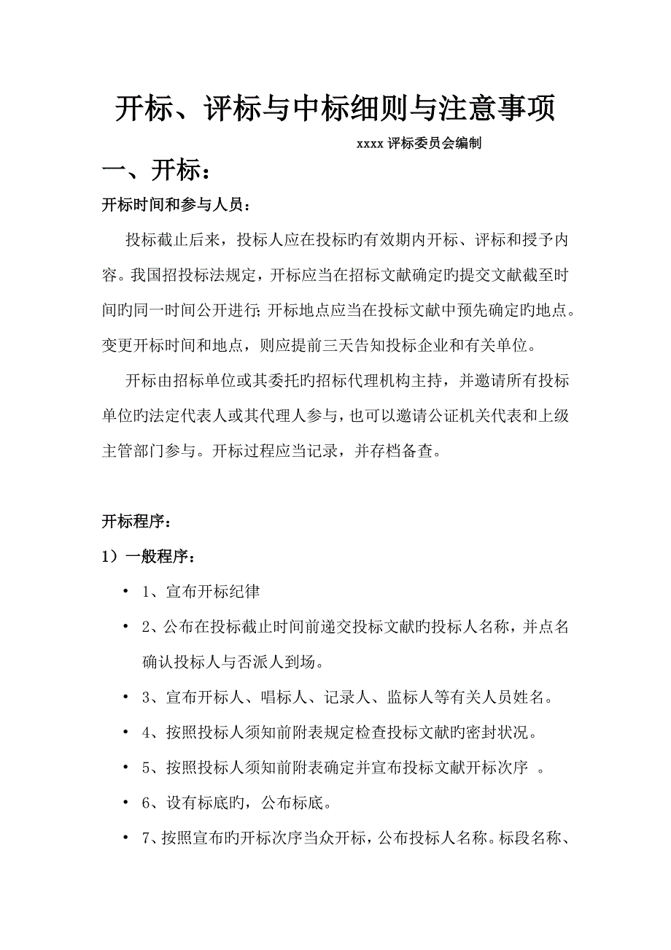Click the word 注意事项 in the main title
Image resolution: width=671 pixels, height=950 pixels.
pyautogui.click(x=497, y=109)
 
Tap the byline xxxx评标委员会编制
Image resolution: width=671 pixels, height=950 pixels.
pyautogui.click(x=418, y=144)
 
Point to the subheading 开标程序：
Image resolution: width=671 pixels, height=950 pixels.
pyautogui.click(x=137, y=522)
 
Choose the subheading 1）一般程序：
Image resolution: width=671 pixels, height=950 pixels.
pyautogui.click(x=148, y=557)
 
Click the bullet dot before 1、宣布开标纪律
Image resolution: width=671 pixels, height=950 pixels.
pyautogui.click(x=126, y=591)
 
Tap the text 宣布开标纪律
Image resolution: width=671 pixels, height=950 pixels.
pyautogui.click(x=212, y=592)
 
